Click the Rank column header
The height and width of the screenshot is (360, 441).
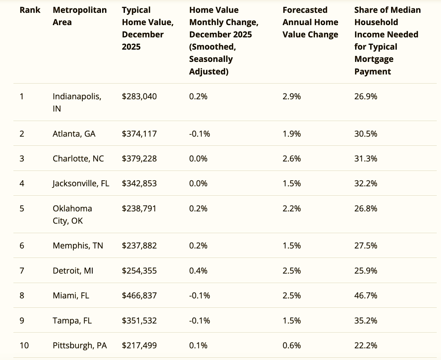click(30, 10)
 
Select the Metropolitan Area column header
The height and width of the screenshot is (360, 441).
click(79, 16)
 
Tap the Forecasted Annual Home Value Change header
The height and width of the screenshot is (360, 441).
click(310, 22)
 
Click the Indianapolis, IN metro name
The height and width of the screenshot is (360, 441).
click(77, 102)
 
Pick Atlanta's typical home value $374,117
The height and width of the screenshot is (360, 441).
click(139, 134)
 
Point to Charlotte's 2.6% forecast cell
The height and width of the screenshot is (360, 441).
click(291, 159)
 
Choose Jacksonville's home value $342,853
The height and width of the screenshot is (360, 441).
click(139, 183)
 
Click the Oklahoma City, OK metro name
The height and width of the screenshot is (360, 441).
click(72, 215)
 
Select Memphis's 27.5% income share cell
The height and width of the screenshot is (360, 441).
click(366, 246)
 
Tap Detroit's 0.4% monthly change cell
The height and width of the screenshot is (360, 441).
click(198, 271)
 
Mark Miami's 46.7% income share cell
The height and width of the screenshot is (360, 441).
click(366, 296)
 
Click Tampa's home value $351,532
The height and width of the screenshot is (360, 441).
click(139, 321)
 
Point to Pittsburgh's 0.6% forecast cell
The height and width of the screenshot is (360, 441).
click(291, 345)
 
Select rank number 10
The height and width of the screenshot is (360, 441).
click(24, 345)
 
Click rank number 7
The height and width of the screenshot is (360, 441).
click(22, 271)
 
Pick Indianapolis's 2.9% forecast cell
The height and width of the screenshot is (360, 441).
click(291, 96)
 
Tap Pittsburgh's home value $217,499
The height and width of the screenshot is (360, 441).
click(139, 345)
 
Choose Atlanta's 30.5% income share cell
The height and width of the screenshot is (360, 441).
click(366, 134)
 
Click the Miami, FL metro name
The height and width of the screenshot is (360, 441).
click(71, 296)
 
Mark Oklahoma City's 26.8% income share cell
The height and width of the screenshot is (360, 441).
click(366, 208)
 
